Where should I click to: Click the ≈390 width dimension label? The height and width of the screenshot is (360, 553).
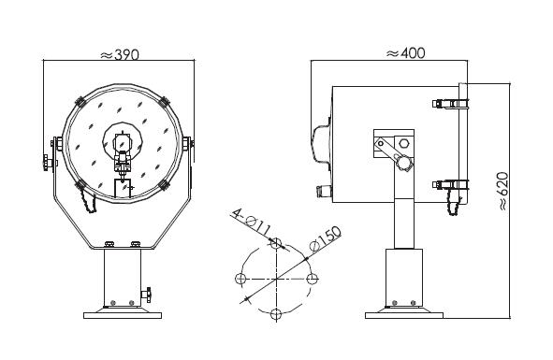click(x=121, y=54)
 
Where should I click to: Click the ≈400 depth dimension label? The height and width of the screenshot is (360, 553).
click(x=406, y=53)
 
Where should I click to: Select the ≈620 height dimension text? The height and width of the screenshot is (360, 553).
click(x=503, y=192)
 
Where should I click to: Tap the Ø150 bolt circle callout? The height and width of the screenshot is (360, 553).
click(x=326, y=238)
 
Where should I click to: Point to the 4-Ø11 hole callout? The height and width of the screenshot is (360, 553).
click(x=252, y=223)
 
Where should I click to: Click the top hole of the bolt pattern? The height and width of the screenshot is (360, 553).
click(x=276, y=242)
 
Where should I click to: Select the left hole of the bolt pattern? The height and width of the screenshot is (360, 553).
click(x=240, y=279)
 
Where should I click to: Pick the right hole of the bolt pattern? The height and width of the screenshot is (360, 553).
click(x=313, y=279)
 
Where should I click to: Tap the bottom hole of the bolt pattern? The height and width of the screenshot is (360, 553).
click(x=276, y=314)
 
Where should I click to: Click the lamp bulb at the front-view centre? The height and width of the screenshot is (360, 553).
click(x=123, y=143)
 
